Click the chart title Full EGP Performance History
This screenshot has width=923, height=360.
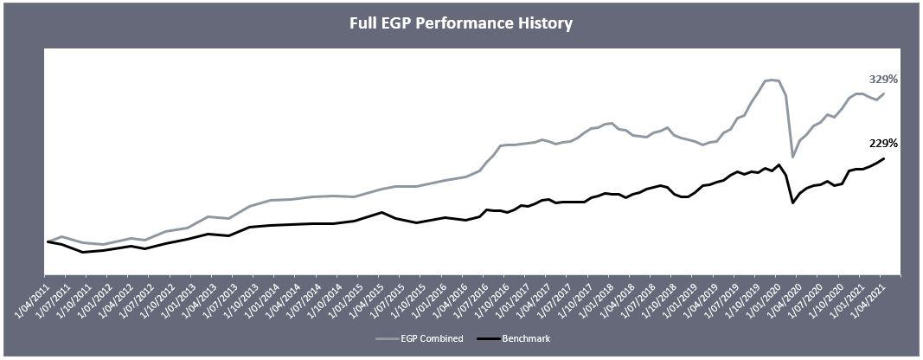point(460,22)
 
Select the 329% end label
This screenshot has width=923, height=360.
point(883,79)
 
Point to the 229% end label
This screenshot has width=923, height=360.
point(883,143)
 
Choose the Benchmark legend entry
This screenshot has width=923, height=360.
point(526,338)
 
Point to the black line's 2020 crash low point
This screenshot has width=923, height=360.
point(792,203)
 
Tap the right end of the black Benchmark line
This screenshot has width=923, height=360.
point(883,158)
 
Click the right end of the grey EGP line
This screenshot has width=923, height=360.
point(883,93)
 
